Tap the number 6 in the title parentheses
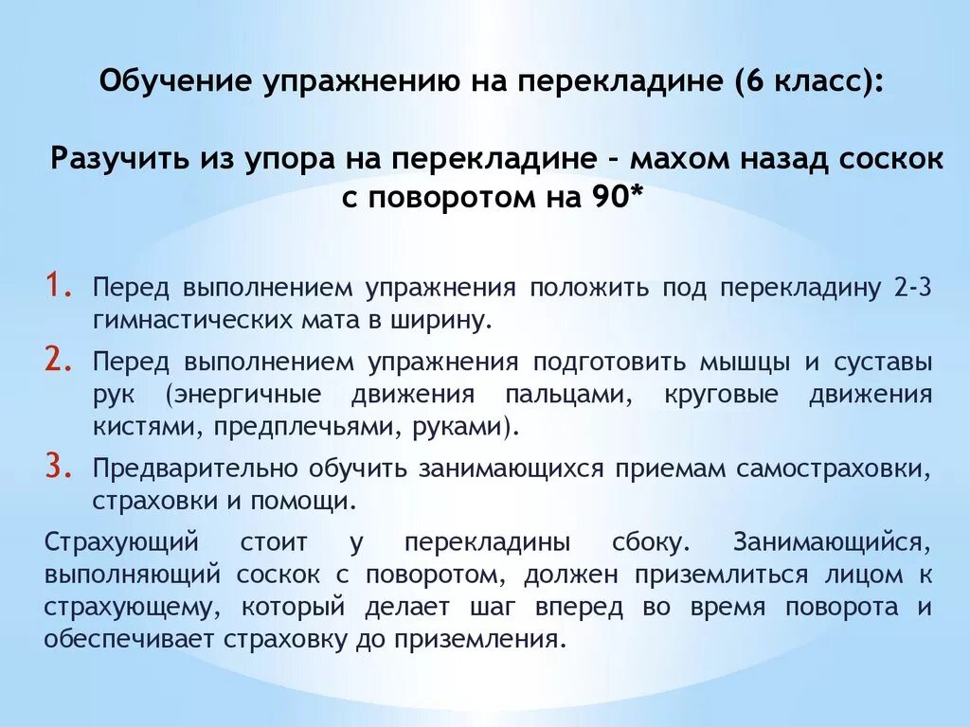click(x=746, y=82)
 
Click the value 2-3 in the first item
click(x=912, y=288)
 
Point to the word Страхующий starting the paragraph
click(x=120, y=543)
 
